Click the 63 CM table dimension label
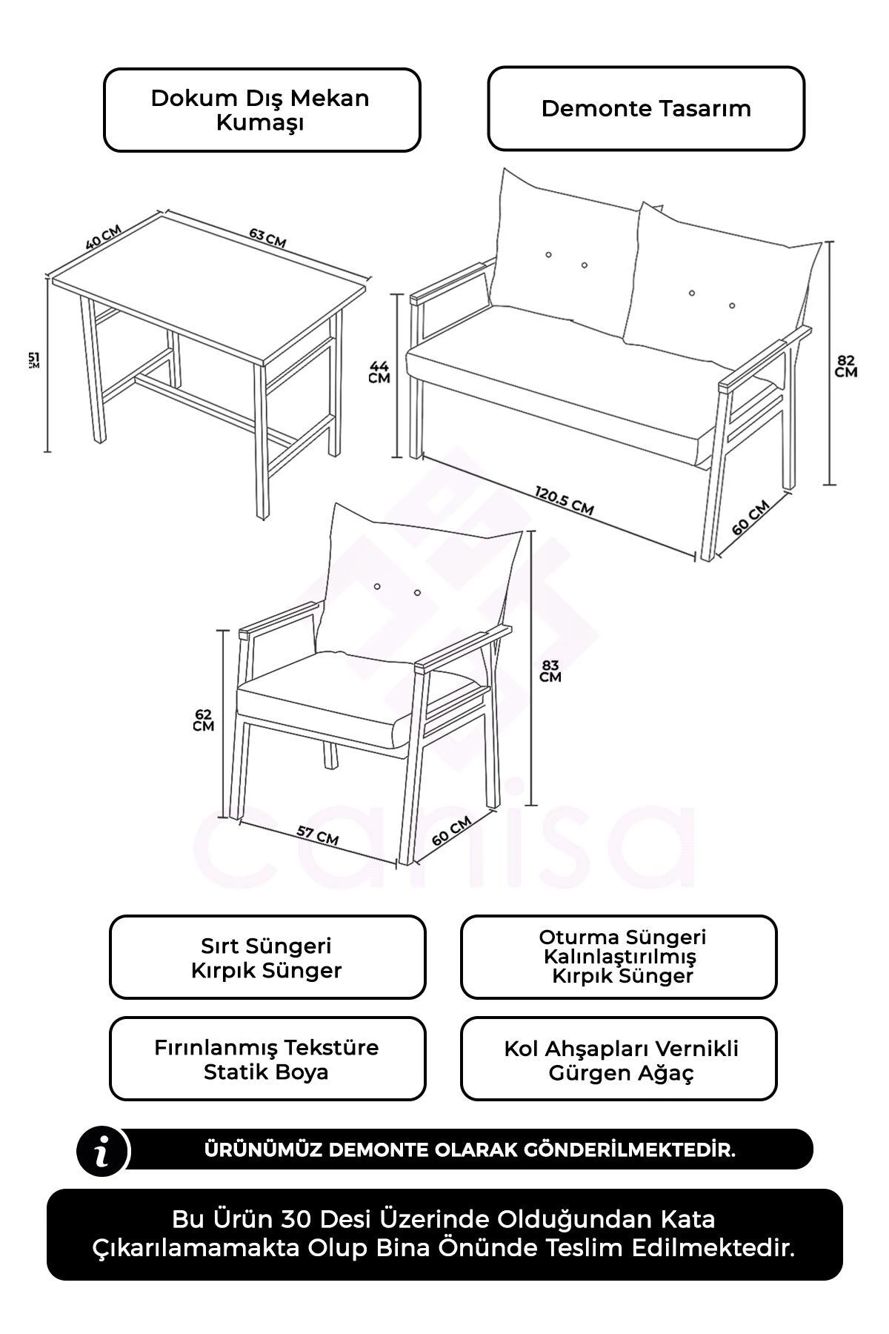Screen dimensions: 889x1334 tap(267, 239)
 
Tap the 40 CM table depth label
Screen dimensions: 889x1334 tap(103, 237)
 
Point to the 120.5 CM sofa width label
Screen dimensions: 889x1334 tap(564, 500)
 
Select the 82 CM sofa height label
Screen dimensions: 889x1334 tap(845, 366)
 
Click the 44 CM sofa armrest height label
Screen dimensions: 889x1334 tap(379, 372)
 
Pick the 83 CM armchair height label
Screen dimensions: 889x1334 tap(550, 671)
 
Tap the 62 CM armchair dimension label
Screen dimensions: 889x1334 tap(203, 720)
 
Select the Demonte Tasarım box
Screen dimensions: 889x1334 tap(646, 108)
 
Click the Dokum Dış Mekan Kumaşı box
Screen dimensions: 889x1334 tap(262, 110)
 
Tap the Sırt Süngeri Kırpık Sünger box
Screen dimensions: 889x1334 tap(267, 958)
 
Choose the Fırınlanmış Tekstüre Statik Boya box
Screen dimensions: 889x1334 tap(267, 1059)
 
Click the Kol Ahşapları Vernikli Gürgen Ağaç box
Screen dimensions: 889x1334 tap(619, 1059)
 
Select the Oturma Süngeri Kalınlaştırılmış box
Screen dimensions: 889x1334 tap(619, 958)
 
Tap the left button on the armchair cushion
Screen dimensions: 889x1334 tap(377, 587)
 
